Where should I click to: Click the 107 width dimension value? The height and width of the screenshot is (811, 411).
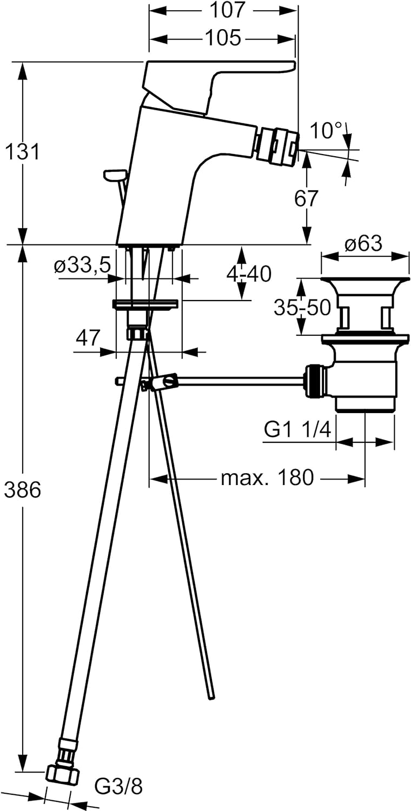click(x=223, y=10)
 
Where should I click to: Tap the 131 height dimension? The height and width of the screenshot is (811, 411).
click(x=22, y=152)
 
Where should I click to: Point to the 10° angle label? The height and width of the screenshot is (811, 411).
click(x=327, y=130)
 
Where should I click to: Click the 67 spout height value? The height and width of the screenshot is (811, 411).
click(x=307, y=198)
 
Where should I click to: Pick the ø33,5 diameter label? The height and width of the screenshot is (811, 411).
click(x=82, y=265)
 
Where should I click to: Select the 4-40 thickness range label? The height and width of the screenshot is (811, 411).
click(x=249, y=274)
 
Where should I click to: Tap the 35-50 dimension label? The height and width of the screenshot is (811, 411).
click(x=302, y=308)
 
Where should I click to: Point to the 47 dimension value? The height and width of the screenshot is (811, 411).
click(x=88, y=338)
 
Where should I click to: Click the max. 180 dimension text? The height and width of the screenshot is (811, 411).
click(x=267, y=477)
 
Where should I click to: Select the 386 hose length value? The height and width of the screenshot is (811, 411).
click(x=22, y=490)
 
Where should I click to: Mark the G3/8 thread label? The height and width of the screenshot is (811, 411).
click(x=118, y=787)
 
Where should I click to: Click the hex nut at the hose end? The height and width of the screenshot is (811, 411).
click(x=62, y=773)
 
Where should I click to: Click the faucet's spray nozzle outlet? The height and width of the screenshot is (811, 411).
click(x=276, y=143)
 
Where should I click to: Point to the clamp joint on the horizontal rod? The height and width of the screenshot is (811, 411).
click(x=158, y=383)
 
